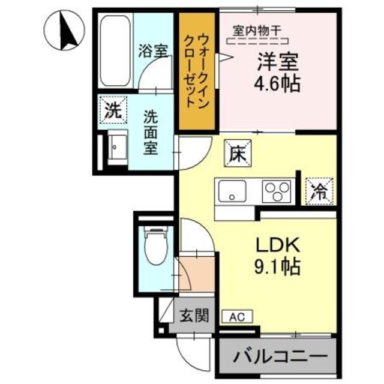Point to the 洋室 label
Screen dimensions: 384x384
click(278, 62)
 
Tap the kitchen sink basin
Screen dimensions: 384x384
click(232, 191)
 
